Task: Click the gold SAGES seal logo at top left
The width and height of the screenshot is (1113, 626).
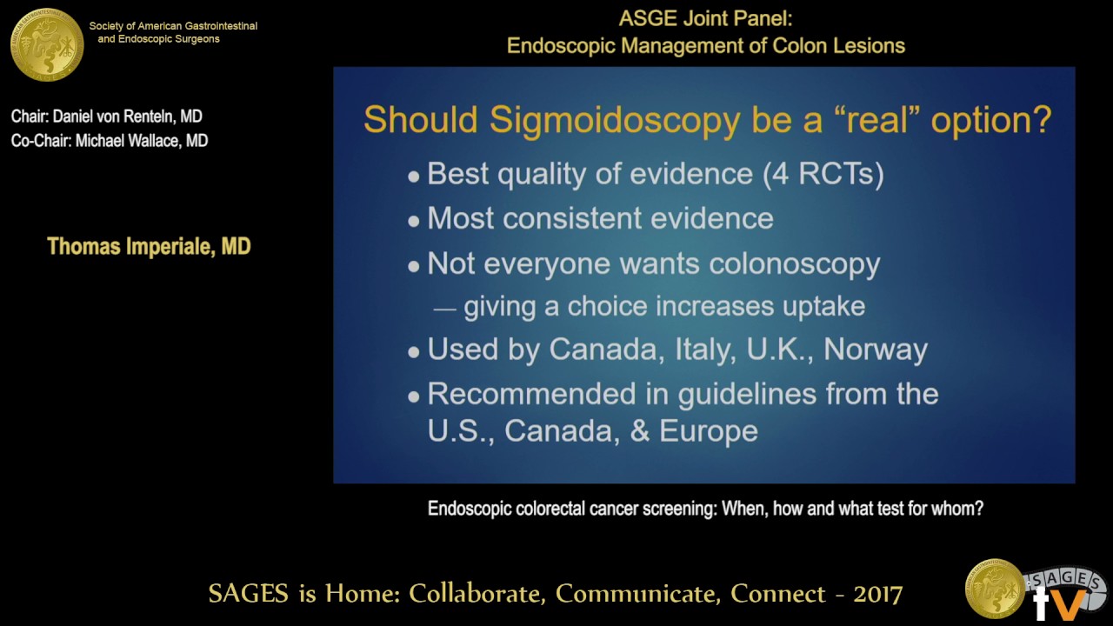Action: (x=47, y=43)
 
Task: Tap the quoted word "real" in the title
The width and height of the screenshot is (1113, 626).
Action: (x=873, y=119)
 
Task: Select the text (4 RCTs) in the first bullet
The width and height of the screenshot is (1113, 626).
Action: (x=823, y=174)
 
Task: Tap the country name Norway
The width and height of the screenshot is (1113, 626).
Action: (x=876, y=350)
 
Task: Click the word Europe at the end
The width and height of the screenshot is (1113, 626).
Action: (x=708, y=431)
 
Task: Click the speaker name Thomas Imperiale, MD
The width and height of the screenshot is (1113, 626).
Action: (x=149, y=247)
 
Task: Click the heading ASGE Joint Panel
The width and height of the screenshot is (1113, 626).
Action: (x=705, y=19)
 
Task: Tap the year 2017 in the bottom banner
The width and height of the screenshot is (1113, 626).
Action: (x=877, y=594)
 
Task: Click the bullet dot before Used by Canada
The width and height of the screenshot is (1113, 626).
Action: (x=414, y=352)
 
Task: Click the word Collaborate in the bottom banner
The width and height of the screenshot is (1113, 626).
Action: (x=477, y=594)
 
